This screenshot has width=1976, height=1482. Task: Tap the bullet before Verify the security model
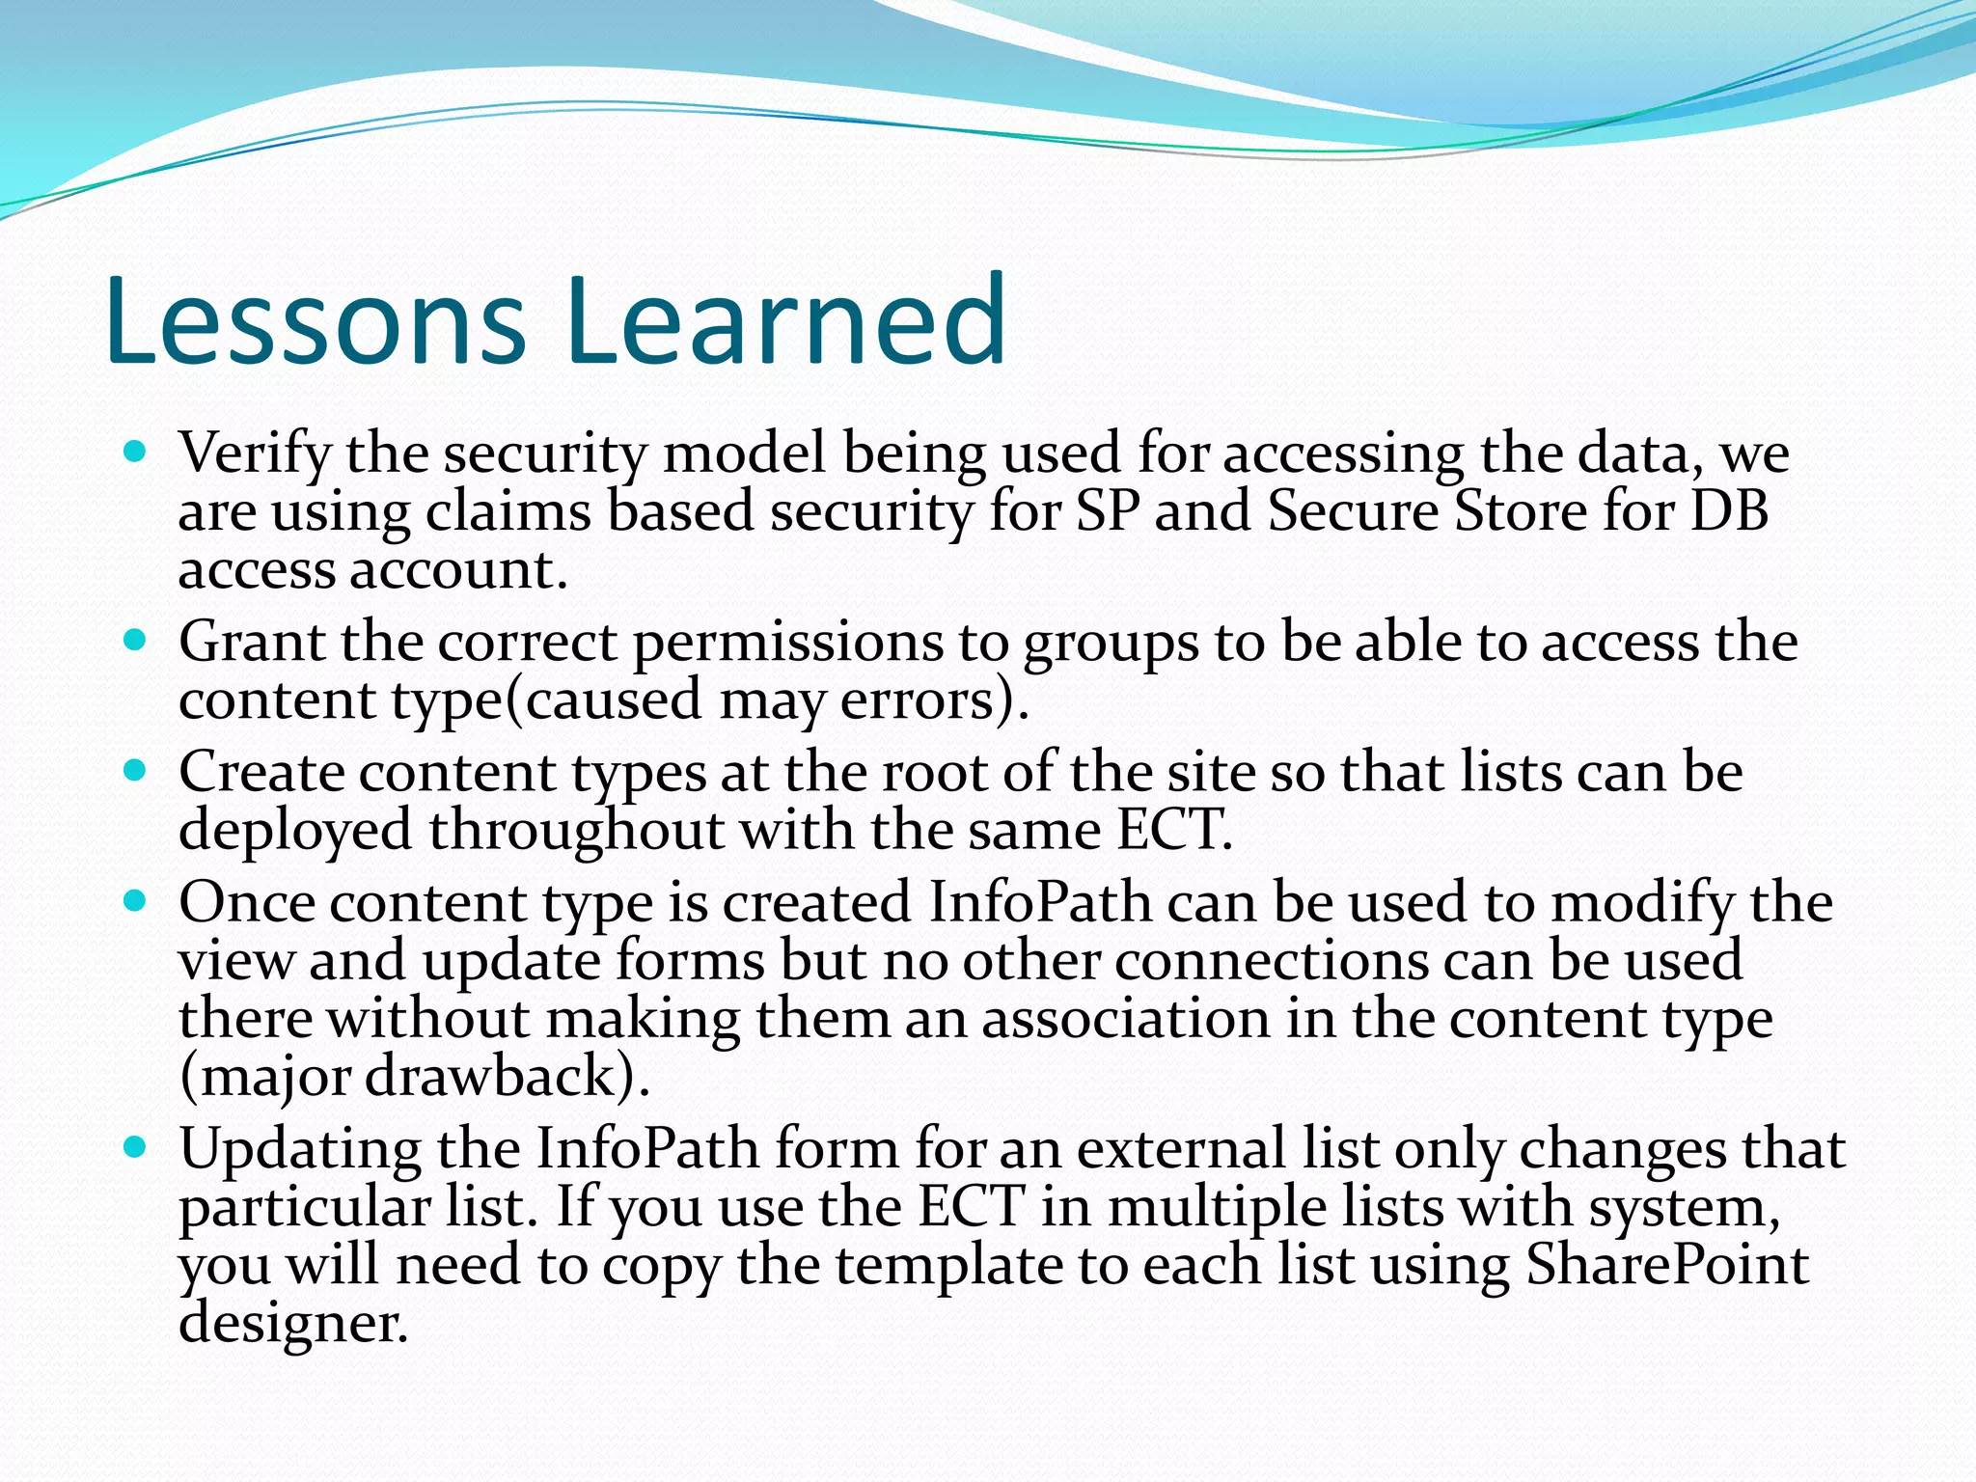coord(135,451)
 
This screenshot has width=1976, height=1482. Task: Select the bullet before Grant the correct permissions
coord(135,639)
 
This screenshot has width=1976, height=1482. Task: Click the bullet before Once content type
coord(135,901)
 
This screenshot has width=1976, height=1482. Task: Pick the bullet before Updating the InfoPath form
coord(135,1147)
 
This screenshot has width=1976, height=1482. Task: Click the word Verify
coord(255,453)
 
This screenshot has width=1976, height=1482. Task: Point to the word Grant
coord(252,642)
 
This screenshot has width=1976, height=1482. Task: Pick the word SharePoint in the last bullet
coord(1666,1265)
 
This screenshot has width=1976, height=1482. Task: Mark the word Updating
coord(300,1150)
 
